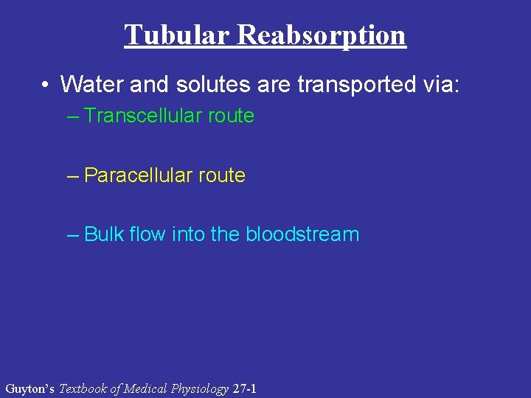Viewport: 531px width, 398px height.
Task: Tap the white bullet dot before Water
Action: pyautogui.click(x=46, y=85)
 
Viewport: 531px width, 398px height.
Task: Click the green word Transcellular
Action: pyautogui.click(x=143, y=116)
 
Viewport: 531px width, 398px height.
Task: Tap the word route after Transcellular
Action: pyautogui.click(x=231, y=116)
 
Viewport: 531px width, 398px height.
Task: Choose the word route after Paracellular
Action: pyautogui.click(x=222, y=175)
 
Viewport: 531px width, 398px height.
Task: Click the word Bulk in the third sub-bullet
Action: pyautogui.click(x=103, y=234)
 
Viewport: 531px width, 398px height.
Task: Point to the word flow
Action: pyautogui.click(x=147, y=234)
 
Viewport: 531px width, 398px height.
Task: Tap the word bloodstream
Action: pyautogui.click(x=302, y=234)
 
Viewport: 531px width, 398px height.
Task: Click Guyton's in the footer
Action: pyautogui.click(x=29, y=388)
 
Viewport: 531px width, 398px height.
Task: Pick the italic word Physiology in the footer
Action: pyautogui.click(x=198, y=388)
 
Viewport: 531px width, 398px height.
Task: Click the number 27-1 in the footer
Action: pyautogui.click(x=244, y=388)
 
